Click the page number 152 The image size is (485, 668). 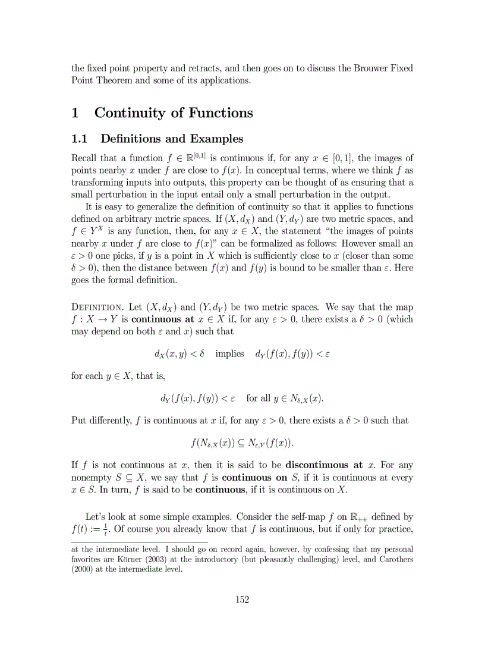[242, 600]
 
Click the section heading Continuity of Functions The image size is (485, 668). [174, 113]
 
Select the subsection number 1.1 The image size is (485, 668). [80, 139]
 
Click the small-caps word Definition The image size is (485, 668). [97, 308]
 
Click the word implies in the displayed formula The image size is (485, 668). [229, 354]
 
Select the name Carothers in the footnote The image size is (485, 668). [394, 560]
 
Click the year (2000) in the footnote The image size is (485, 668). [84, 569]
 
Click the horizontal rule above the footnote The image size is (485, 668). [140, 542]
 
